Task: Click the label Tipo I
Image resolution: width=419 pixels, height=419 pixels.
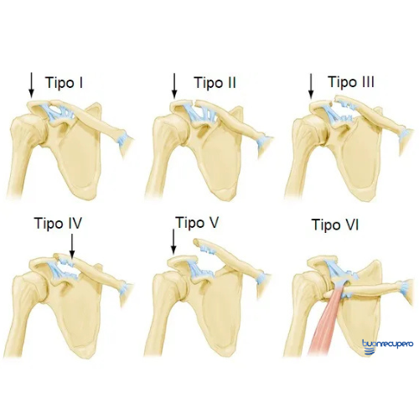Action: point(64,83)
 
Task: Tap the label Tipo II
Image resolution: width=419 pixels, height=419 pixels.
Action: point(215,83)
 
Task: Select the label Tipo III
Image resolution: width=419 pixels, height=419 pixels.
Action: point(351,82)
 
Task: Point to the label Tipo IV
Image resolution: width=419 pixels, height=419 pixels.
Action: point(58,223)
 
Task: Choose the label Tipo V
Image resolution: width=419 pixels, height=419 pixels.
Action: point(197,223)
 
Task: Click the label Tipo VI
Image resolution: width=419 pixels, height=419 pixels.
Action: point(335,225)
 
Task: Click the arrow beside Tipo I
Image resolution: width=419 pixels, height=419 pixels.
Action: point(31,85)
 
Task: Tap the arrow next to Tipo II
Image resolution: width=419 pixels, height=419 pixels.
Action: point(174,86)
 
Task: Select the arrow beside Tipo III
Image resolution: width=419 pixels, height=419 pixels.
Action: point(311,86)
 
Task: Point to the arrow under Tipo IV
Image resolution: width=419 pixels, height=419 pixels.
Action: point(72,246)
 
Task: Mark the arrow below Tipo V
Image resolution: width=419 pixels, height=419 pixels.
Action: point(173,242)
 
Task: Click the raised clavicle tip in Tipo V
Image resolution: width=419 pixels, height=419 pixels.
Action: point(196,241)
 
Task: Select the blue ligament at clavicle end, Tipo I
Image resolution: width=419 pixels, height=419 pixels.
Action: point(122,139)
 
